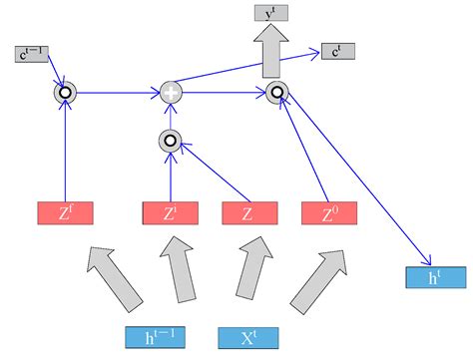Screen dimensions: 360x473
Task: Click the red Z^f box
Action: coord(65,214)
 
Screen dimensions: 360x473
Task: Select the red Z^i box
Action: coord(171,214)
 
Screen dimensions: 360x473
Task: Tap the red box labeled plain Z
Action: coord(249,214)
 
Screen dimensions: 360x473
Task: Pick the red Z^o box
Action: coord(328,214)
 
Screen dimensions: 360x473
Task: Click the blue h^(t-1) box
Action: coord(155,337)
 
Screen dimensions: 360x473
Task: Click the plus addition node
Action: coord(172,94)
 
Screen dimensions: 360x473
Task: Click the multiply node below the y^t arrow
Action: coord(275,94)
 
